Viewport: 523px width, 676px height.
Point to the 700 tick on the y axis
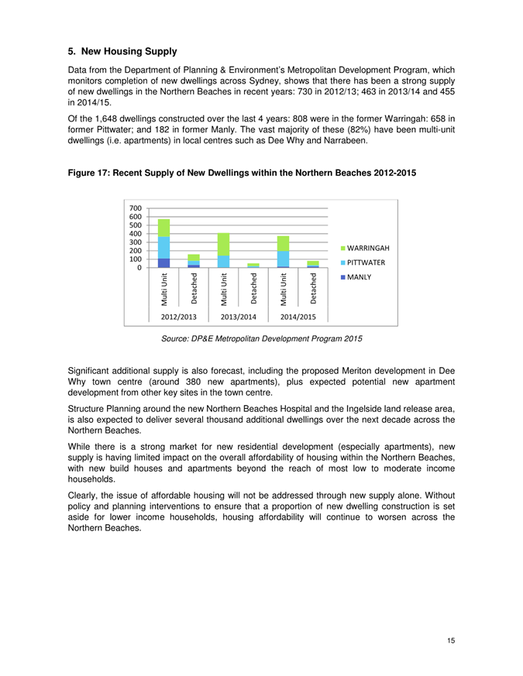coord(136,208)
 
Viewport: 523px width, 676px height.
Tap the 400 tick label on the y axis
coord(136,234)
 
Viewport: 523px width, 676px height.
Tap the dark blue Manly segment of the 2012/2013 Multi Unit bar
coord(163,263)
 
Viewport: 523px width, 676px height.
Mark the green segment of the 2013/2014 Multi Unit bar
coord(223,244)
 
